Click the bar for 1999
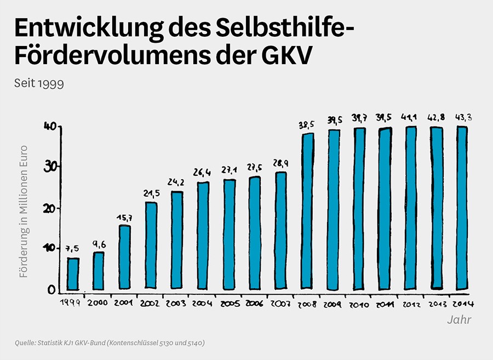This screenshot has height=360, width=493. click(73, 274)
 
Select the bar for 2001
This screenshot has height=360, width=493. click(125, 257)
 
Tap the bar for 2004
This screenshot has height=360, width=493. click(203, 236)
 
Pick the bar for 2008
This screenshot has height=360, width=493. click(307, 211)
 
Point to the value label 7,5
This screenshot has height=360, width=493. click(73, 249)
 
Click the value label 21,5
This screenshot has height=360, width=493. click(151, 194)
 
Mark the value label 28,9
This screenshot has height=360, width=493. click(280, 163)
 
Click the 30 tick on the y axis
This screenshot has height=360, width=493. click(49, 167)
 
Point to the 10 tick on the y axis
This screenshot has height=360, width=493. click(49, 249)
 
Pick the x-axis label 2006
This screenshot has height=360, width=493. click(255, 303)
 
